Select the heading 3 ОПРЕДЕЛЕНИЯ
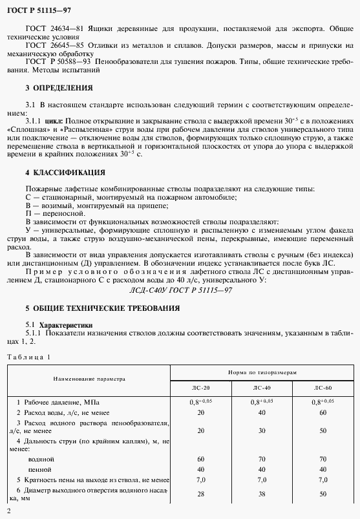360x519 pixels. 59,87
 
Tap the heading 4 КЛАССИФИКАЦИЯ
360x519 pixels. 65,173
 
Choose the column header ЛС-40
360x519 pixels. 262,389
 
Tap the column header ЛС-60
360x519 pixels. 323,389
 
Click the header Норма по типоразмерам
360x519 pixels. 262,373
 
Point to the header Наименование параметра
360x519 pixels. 89,380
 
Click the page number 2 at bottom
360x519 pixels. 7,512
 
